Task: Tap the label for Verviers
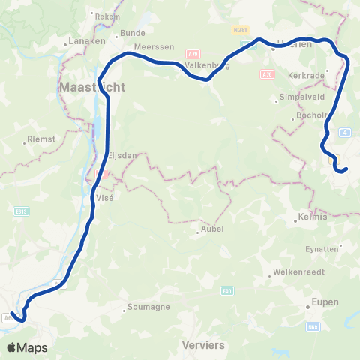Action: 202,345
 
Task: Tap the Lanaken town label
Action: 86,41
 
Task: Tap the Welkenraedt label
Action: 295,271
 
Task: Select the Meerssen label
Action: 148,46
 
